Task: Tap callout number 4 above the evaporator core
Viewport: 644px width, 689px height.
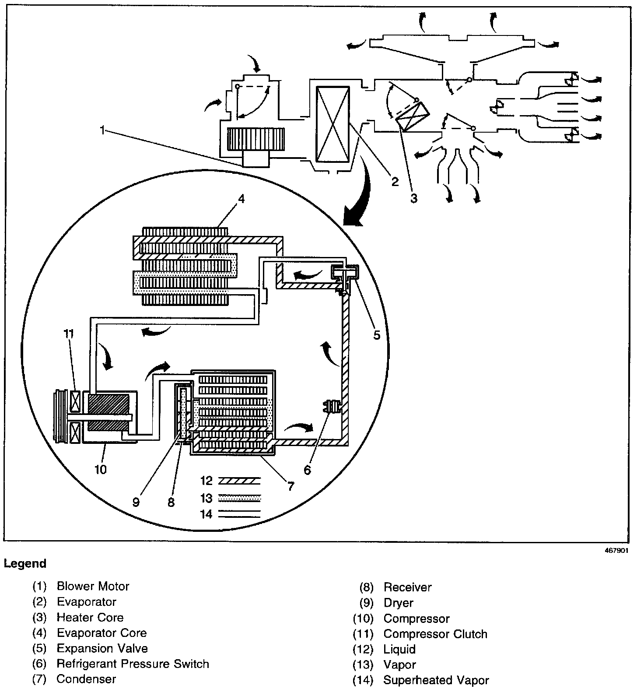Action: (241, 199)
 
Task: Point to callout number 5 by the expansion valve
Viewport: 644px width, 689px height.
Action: (377, 335)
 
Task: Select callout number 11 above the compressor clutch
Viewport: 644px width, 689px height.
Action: (68, 334)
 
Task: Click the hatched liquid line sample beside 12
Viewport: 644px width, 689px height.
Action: (239, 481)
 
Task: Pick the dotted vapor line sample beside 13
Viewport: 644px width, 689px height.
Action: (239, 498)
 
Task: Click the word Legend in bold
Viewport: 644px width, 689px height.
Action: (25, 563)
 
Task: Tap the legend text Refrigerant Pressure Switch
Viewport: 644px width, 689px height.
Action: (133, 664)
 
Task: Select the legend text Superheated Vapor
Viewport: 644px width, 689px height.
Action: (436, 680)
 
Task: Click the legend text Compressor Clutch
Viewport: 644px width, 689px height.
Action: (435, 634)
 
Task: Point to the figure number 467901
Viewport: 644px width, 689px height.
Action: (616, 551)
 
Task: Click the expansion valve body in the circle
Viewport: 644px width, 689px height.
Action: (344, 274)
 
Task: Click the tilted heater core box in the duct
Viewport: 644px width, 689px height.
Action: (413, 116)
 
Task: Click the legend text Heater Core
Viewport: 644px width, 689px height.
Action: (90, 617)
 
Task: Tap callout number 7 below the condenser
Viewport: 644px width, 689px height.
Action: (290, 485)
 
